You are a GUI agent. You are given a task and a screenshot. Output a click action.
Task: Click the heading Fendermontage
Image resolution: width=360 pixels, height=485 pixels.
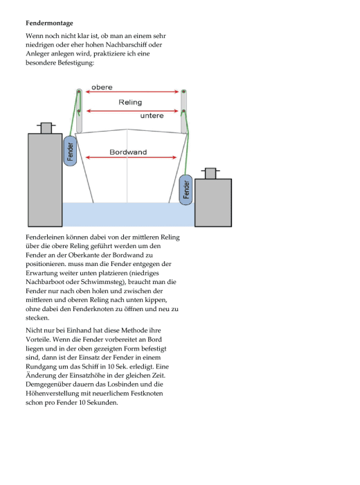point(49,23)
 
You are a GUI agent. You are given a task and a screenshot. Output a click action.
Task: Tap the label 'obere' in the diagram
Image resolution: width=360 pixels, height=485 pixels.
point(102,87)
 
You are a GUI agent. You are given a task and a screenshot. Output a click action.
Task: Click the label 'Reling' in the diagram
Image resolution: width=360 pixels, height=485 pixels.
point(130,103)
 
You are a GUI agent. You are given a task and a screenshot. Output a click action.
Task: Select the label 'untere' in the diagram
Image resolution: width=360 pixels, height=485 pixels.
point(152,116)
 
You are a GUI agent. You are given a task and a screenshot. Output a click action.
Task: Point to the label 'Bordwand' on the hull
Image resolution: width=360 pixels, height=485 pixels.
point(128,152)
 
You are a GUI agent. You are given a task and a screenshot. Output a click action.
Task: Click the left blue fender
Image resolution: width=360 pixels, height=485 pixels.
point(70,151)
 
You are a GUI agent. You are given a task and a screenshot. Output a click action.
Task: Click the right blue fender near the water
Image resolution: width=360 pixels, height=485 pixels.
point(186,190)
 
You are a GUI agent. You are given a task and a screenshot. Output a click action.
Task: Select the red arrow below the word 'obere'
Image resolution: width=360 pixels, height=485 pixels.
point(132,91)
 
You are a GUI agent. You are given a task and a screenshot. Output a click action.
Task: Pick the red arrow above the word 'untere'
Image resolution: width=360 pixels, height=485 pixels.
point(132,111)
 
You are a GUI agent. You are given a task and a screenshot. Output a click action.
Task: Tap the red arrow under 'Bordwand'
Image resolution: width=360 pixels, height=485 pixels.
point(131,157)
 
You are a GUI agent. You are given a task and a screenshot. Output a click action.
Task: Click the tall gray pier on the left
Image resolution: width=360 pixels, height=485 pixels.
point(45,180)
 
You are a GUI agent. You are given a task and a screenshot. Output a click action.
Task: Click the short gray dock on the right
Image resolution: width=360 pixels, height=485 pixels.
point(213,202)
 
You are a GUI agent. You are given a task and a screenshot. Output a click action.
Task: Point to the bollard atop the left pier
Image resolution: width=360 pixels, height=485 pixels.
point(46,127)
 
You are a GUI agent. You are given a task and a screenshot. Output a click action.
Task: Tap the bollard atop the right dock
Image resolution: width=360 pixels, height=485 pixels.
point(210,173)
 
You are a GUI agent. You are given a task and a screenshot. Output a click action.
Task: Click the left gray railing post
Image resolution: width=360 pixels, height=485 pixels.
point(79,111)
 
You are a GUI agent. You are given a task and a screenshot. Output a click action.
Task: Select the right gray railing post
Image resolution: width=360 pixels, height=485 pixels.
point(184,112)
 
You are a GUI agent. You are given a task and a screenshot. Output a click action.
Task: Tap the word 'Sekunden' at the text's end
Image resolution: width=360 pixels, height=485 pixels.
point(103,403)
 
